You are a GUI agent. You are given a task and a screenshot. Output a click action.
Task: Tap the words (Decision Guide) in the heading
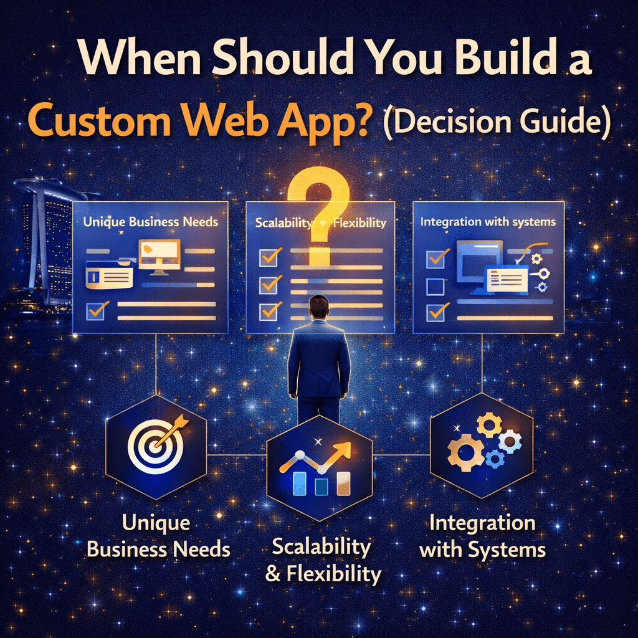click(x=497, y=122)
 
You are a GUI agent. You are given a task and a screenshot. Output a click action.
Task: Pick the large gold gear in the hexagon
click(x=465, y=452)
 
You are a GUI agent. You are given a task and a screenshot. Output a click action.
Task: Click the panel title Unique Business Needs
click(x=151, y=222)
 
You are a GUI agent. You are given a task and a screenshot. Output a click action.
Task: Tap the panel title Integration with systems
click(x=488, y=222)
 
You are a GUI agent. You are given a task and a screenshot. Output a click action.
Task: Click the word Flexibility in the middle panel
click(x=359, y=223)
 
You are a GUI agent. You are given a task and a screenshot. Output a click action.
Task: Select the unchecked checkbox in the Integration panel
click(x=436, y=287)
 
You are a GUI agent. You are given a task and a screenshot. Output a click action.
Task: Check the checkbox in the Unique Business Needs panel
click(x=96, y=311)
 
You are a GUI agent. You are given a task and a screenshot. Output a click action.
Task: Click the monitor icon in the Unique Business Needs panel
click(x=159, y=256)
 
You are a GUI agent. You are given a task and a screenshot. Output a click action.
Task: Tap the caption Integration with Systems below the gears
click(x=482, y=536)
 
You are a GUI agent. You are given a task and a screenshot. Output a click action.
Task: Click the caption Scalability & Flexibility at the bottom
click(x=323, y=560)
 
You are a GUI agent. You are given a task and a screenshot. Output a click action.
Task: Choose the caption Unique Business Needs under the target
click(x=158, y=536)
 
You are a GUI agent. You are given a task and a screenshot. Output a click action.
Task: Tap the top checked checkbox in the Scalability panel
click(x=269, y=257)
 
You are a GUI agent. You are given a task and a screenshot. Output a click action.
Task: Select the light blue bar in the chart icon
click(x=300, y=483)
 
